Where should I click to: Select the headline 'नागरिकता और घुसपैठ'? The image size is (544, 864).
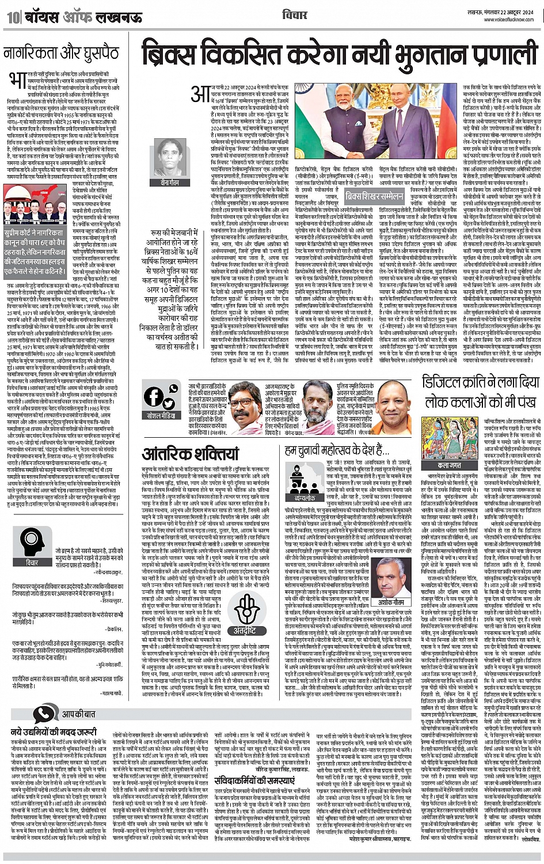tap(61, 54)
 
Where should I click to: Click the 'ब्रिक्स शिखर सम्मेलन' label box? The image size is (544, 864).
tap(374, 196)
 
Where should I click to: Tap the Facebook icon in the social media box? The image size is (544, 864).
tap(154, 396)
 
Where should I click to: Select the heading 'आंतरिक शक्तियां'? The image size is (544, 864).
tap(182, 454)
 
